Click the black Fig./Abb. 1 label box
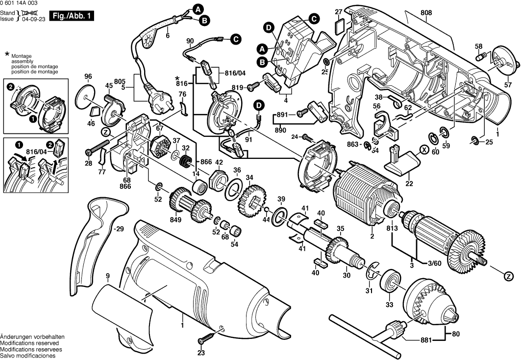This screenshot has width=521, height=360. pos(72,16)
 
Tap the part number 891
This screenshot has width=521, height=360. pos(281,114)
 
